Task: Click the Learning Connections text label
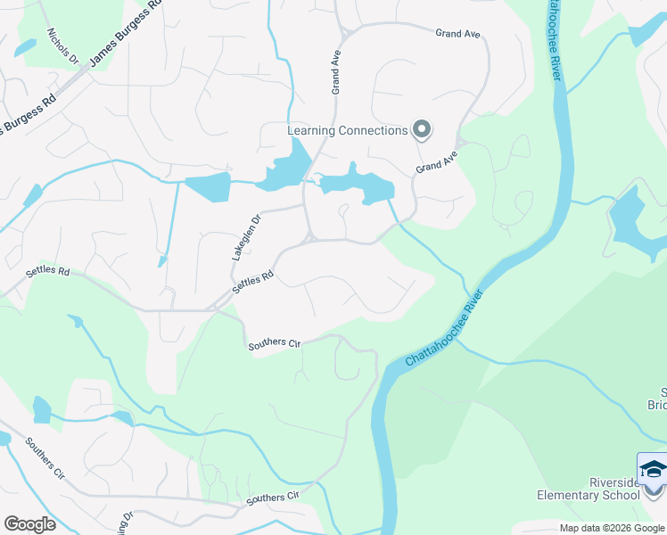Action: (347, 131)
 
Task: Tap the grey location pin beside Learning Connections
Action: (422, 130)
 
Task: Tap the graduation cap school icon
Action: (653, 470)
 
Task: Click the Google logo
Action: (29, 524)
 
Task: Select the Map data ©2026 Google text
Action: (612, 529)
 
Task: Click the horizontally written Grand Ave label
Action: (457, 34)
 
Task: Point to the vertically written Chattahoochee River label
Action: (551, 40)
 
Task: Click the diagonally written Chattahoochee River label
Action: (444, 328)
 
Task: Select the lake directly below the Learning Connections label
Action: (357, 185)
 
